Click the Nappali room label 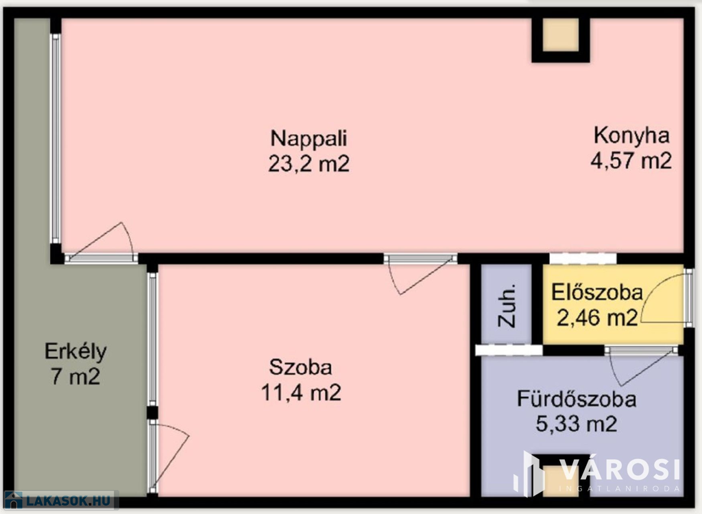(309, 139)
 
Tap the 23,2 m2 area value (309, 163)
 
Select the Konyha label (631, 135)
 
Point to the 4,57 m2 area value (631, 161)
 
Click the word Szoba (300, 367)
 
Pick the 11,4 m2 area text (301, 393)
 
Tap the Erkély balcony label (75, 352)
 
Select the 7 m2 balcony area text (75, 377)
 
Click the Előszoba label (597, 292)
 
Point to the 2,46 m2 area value (597, 318)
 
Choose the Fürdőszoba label (577, 399)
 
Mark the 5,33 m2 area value (577, 423)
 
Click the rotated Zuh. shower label (507, 305)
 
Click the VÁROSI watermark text (620, 470)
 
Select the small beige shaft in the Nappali (561, 35)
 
